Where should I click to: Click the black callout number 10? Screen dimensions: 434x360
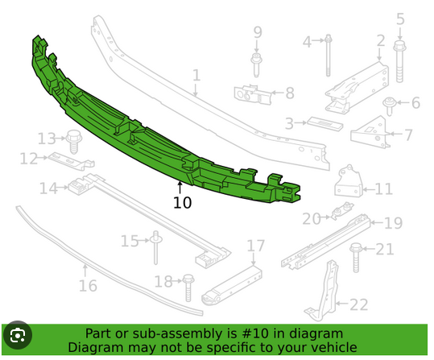182,202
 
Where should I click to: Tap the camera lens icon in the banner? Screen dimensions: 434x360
18,335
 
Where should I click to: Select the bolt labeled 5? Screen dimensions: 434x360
399,61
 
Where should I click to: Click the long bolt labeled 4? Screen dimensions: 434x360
328,55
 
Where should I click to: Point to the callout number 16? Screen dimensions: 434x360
88,286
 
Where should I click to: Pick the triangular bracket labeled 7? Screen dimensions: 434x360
371,132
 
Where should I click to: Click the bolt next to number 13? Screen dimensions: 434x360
74,141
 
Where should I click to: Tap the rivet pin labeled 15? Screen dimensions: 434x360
155,247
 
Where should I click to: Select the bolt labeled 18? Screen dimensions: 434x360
188,288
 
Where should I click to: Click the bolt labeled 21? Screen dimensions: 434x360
356,258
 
